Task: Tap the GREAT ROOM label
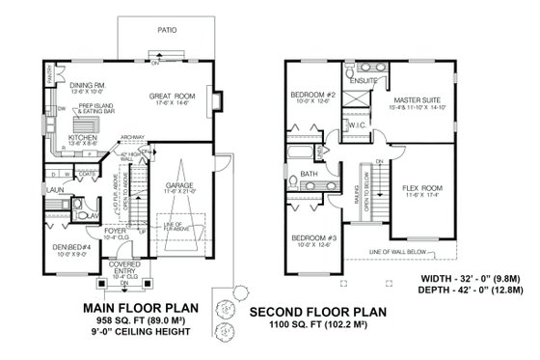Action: pos(173,97)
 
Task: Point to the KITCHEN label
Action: pos(83,138)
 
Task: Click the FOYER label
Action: pos(117,231)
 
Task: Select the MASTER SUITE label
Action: pos(415,99)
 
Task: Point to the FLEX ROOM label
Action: pos(422,188)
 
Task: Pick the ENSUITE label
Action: pos(364,81)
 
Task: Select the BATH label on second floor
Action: pos(310,175)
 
